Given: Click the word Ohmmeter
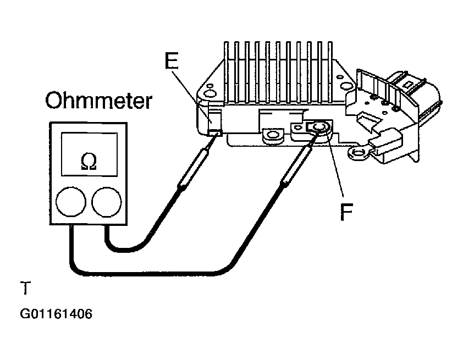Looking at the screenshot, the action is point(98,101).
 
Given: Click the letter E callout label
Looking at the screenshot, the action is point(172,60).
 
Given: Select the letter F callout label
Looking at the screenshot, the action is point(346,212).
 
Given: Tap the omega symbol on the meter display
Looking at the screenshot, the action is point(89,162).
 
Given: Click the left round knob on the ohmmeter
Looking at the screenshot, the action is point(71,202).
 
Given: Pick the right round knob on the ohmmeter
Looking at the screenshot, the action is point(107,202).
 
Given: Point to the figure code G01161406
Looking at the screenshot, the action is point(56,314).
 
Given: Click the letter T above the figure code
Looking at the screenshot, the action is point(25,288).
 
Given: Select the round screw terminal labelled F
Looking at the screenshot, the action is point(320,128).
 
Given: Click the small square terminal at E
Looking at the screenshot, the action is point(215,133).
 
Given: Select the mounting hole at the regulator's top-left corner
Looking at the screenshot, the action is point(211,93).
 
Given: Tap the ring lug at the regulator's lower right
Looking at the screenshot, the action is point(359,153).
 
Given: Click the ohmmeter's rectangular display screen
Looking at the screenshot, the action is point(89,154).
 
